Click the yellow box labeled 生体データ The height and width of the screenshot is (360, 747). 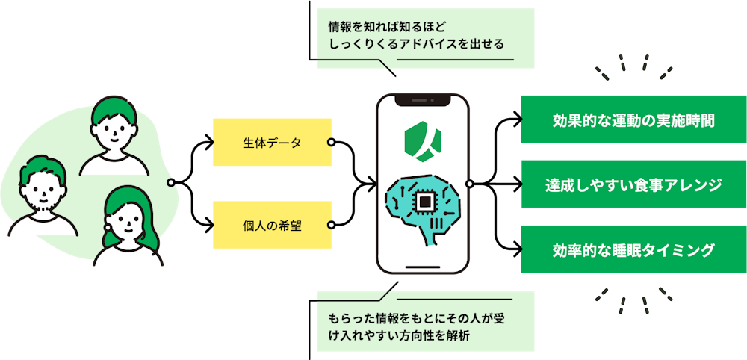(x=272, y=142)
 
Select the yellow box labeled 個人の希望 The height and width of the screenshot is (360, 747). (x=272, y=225)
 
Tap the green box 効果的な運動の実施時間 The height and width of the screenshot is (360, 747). (x=633, y=120)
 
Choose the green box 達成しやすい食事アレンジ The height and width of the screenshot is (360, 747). (x=633, y=184)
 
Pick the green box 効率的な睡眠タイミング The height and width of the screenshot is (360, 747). (x=633, y=249)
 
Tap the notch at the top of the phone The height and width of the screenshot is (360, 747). (x=423, y=99)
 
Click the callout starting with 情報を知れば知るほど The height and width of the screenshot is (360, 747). (x=425, y=37)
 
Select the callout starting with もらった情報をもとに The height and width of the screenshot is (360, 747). (x=425, y=321)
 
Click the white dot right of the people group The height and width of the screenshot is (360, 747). (x=171, y=183)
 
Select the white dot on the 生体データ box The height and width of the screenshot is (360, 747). (x=331, y=142)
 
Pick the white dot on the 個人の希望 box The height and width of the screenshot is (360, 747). (x=331, y=225)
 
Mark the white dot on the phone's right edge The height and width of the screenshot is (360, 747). (x=469, y=184)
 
